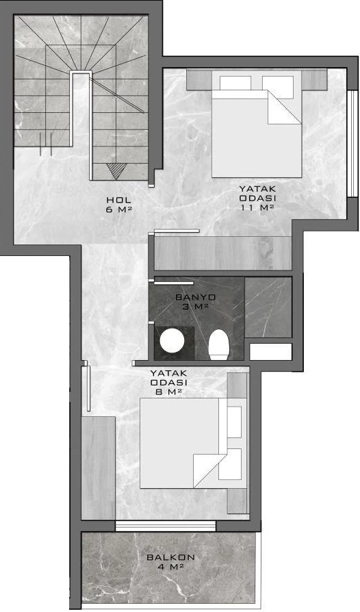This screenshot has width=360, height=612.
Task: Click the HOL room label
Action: pos(118,200)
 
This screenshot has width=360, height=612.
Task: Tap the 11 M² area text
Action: pos(257,207)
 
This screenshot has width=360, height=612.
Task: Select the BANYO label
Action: pos(196,297)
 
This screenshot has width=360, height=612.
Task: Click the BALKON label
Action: pos(171,557)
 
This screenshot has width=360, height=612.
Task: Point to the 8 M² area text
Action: pos(169,392)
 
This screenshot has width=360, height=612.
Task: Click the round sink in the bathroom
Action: pos(172,340)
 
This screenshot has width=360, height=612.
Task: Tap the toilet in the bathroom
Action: pos(218,344)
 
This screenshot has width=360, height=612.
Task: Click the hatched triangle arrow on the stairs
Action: pos(116,171)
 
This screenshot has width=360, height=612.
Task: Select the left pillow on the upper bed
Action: pos(235,83)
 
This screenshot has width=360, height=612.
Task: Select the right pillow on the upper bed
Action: pos(278,87)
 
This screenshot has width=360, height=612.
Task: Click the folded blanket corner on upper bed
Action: pos(284,107)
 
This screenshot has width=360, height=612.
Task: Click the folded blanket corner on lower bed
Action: pos(210,470)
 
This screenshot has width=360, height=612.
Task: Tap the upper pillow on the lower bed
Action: pos(234,422)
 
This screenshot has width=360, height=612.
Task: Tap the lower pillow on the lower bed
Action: pos(230,464)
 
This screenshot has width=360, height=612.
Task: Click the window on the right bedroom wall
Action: pos(352,144)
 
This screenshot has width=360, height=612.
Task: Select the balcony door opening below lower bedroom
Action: pos(166,526)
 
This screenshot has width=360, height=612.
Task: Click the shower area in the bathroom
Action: pos(268,307)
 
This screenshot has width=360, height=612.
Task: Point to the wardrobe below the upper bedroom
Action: pos(223,253)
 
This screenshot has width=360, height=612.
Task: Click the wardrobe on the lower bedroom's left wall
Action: pos(99,468)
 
